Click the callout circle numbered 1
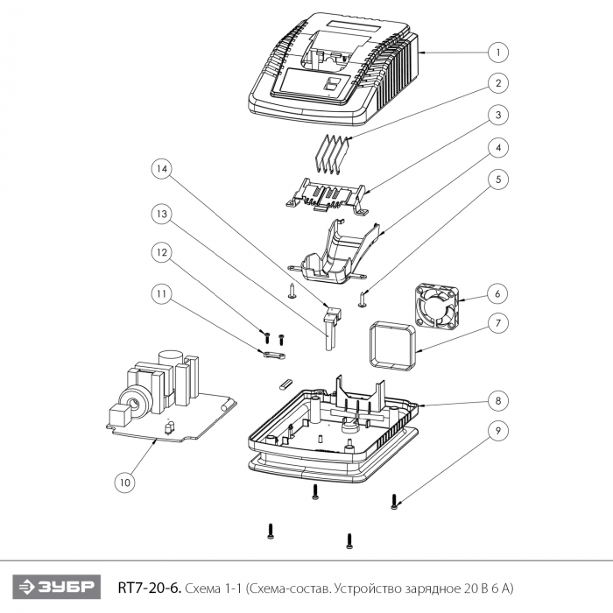(498, 53)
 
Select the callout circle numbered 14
(162, 169)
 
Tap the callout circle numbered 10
(124, 483)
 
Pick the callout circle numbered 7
(498, 323)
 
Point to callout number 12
(162, 252)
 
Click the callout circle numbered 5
(498, 180)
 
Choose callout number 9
(498, 431)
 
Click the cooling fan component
(437, 306)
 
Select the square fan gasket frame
(393, 345)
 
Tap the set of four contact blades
(332, 153)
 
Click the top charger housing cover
(334, 69)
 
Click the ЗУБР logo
(56, 587)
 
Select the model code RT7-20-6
(150, 588)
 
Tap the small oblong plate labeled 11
(272, 355)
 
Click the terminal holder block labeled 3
(327, 196)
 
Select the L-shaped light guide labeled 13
(331, 328)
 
